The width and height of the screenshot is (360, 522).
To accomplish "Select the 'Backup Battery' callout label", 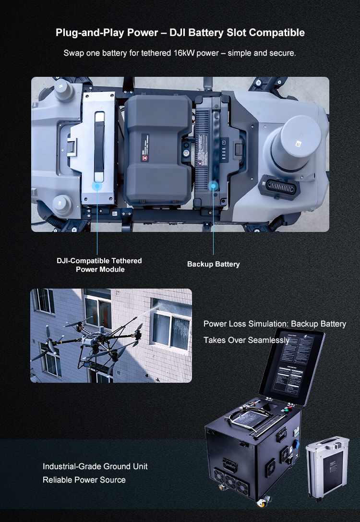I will [x=213, y=264].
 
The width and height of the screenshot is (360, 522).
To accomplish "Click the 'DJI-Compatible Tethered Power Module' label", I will [x=99, y=265].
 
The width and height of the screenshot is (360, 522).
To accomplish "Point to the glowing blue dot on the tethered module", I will [x=97, y=185].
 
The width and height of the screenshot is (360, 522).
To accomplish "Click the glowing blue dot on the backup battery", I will [x=213, y=185].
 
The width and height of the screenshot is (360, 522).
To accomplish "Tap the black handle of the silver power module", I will [x=99, y=144].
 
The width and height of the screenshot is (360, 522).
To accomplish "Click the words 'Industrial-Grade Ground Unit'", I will [x=95, y=466].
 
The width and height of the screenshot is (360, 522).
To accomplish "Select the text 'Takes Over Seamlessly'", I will [x=246, y=340].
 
